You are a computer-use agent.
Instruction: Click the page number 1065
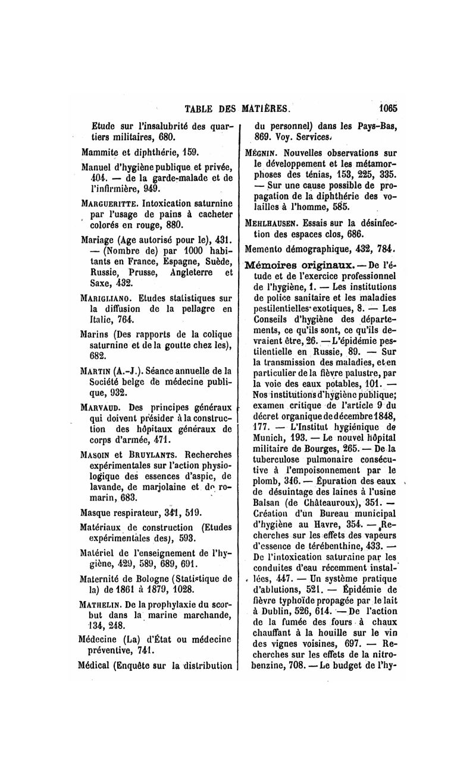[x=386, y=109]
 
